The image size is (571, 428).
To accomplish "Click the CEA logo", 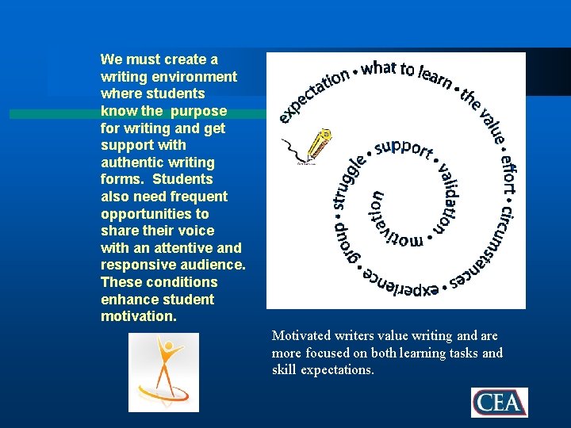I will [x=499, y=402].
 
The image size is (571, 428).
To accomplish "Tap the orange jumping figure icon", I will [x=163, y=372].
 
